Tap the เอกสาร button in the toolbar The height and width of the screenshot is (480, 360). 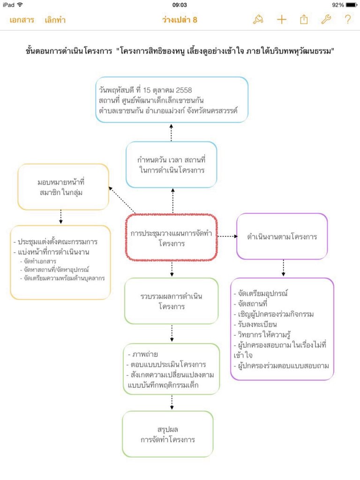click(22, 20)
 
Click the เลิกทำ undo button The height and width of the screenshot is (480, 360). click(55, 20)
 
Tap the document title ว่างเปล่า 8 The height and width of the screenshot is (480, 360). click(180, 20)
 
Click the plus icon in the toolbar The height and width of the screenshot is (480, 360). click(281, 20)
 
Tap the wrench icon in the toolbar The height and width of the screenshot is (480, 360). click(326, 20)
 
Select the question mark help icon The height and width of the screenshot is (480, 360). click(347, 20)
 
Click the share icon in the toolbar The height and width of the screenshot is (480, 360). click(304, 20)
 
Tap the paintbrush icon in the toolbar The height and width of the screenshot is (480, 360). click(258, 20)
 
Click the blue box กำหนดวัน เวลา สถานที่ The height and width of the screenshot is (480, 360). click(172, 165)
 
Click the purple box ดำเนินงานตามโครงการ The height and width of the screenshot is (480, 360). click(282, 236)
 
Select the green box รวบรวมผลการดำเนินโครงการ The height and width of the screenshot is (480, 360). click(172, 301)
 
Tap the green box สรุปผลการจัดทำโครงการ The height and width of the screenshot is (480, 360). click(168, 434)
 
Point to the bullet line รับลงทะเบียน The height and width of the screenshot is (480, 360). click(255, 324)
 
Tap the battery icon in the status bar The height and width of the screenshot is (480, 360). click(351, 5)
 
